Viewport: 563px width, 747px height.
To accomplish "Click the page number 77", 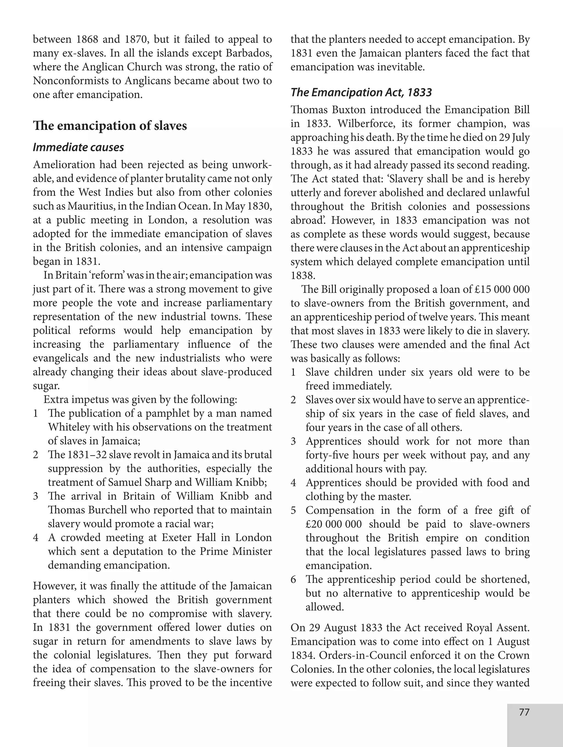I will (524, 712).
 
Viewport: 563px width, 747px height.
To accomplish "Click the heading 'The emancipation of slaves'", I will (110, 126).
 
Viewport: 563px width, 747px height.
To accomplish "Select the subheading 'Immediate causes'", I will (78, 147).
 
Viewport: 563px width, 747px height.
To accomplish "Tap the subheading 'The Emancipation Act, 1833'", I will (361, 92).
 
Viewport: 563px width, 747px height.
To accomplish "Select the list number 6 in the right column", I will (293, 580).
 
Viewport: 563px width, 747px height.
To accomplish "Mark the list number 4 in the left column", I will (36, 537).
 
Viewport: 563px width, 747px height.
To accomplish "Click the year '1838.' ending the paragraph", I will (303, 276).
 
